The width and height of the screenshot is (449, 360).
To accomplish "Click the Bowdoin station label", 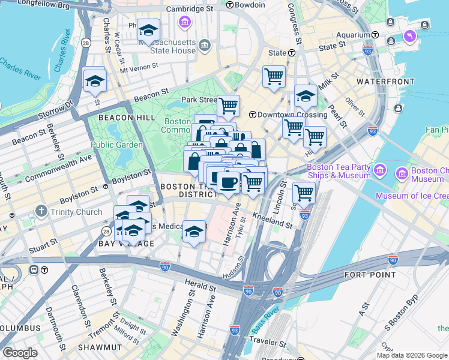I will pos(249,5).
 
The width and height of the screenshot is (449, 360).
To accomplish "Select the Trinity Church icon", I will pos(41,211).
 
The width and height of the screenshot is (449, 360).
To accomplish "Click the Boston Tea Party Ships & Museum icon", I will pos(379,172).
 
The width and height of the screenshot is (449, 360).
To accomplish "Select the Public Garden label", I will pos(116,145).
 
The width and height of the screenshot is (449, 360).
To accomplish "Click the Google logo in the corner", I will pos(19,353).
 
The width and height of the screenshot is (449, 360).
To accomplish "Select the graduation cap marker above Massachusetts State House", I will pos(148,30).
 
